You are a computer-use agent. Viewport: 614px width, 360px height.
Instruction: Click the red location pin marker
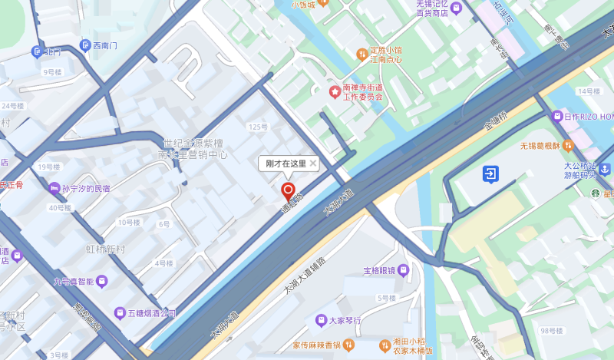tap(288, 191)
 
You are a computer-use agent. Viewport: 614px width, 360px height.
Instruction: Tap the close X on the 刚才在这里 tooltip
tap(313, 163)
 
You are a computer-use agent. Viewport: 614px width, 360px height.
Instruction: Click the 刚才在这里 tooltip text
tap(286, 163)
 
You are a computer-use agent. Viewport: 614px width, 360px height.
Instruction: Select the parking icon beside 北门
tap(36, 51)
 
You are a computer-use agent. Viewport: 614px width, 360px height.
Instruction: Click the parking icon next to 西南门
tap(84, 46)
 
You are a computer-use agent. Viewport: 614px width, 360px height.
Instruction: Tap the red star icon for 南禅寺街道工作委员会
tap(335, 92)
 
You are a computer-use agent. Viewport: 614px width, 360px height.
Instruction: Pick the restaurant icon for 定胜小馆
tap(361, 54)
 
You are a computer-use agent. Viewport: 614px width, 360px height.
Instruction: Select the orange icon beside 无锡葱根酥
tap(568, 144)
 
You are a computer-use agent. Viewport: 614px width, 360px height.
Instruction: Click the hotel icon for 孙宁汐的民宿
tap(54, 188)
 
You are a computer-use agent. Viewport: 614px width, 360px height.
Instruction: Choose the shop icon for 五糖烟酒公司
tap(119, 312)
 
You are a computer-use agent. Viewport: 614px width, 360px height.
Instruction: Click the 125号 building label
tap(258, 127)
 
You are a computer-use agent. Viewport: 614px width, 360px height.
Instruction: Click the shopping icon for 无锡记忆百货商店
tap(456, 8)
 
